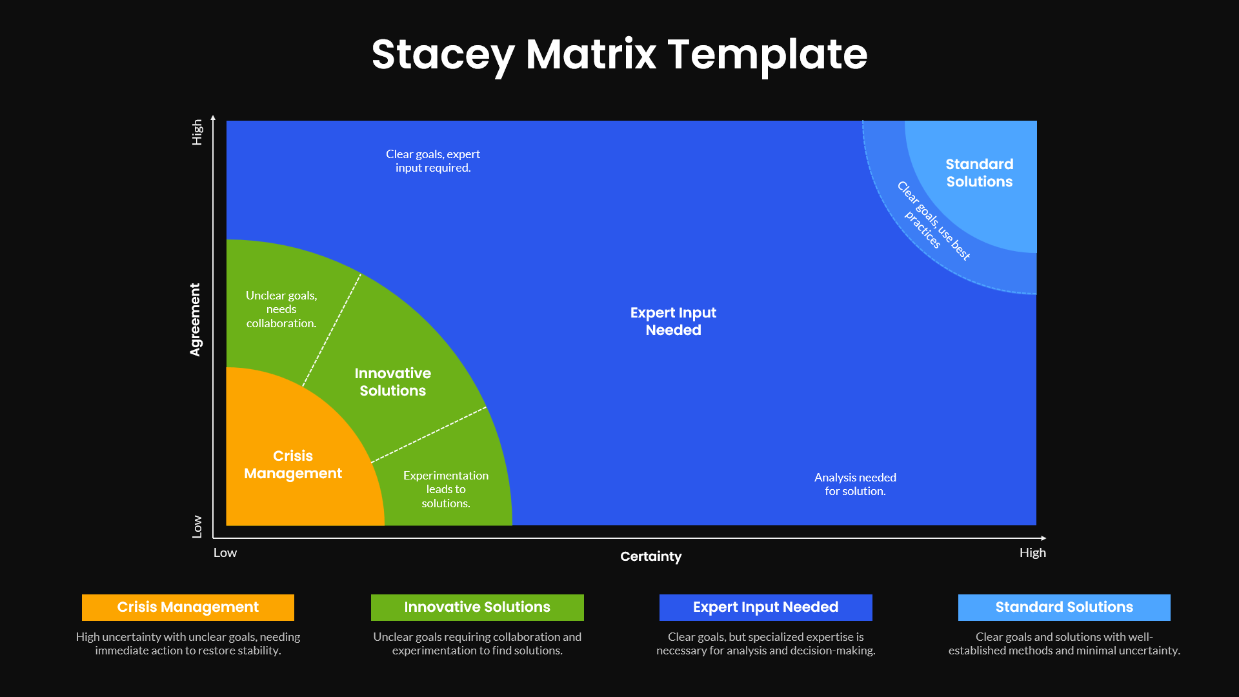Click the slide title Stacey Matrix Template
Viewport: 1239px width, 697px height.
(x=619, y=54)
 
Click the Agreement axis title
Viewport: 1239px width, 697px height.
(x=195, y=319)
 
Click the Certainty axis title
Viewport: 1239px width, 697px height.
(x=650, y=556)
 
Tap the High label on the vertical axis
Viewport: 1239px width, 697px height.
(x=197, y=132)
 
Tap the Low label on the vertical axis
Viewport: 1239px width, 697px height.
(x=197, y=527)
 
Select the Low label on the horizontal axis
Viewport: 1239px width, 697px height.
(x=225, y=553)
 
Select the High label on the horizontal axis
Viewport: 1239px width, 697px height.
(x=1032, y=553)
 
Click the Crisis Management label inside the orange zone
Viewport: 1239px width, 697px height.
(x=293, y=465)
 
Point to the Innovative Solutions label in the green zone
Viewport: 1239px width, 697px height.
(x=392, y=382)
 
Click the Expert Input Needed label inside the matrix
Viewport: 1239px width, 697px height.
(x=673, y=321)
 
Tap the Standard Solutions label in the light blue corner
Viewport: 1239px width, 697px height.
(x=979, y=173)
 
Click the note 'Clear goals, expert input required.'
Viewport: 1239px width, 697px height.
(x=433, y=161)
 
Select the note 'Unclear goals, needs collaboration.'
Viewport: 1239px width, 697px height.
(x=281, y=309)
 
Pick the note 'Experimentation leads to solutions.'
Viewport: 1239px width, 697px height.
(x=446, y=489)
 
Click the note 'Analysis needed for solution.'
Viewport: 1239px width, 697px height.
(x=855, y=484)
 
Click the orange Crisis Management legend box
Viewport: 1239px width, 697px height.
(x=188, y=607)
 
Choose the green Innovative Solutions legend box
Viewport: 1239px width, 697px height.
(x=477, y=607)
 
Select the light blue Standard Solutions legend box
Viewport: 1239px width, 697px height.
(x=1063, y=607)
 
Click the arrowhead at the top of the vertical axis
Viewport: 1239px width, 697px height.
(x=213, y=118)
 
